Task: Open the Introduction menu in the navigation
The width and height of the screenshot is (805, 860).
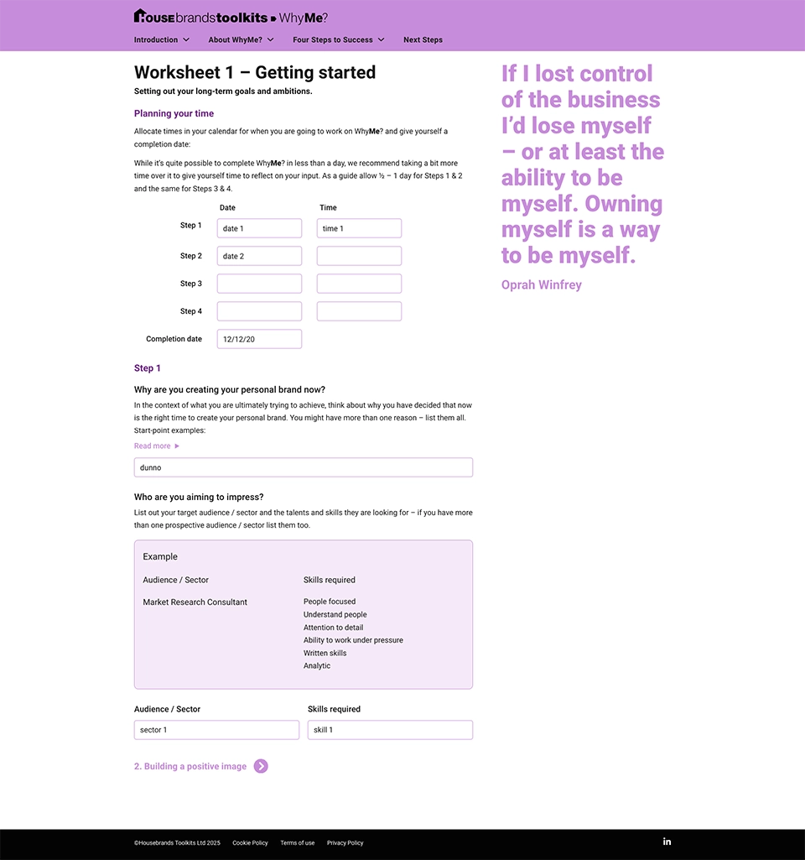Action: [x=161, y=39]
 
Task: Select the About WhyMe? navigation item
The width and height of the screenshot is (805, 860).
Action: [x=241, y=39]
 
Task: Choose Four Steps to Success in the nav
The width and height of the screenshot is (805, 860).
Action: [x=338, y=39]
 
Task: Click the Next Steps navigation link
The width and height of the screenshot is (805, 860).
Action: [x=423, y=39]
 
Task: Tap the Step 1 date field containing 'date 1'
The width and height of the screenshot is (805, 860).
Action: [x=259, y=228]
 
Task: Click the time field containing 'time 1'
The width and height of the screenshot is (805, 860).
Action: [x=359, y=228]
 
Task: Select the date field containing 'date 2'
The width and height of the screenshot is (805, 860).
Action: [x=259, y=256]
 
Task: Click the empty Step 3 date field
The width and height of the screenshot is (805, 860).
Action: [x=259, y=284]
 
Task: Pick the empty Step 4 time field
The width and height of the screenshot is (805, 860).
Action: [x=359, y=311]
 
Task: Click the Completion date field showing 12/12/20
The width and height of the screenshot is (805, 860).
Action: [x=259, y=339]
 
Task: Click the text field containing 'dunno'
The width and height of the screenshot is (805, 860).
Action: [x=303, y=467]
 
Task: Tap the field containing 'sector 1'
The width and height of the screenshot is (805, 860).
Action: [x=216, y=730]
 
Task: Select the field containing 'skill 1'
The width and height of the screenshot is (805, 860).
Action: [x=390, y=730]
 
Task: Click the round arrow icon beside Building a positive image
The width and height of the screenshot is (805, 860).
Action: [x=261, y=766]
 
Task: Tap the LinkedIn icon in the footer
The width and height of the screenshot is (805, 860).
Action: [x=667, y=842]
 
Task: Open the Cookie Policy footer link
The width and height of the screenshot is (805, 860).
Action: [x=250, y=842]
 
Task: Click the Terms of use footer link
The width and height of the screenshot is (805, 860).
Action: [x=298, y=842]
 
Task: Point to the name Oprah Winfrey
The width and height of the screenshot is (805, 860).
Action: [x=541, y=284]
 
